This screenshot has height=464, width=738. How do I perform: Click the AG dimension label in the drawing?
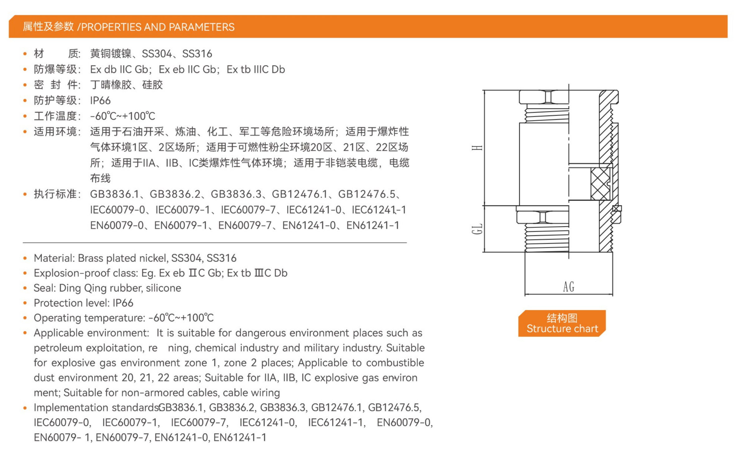click(x=568, y=286)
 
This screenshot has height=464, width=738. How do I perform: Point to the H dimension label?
click(x=477, y=148)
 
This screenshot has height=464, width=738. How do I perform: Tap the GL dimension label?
click(x=477, y=229)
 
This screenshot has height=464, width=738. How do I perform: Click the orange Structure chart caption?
click(x=562, y=323)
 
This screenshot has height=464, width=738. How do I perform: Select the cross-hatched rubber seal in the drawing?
click(x=600, y=184)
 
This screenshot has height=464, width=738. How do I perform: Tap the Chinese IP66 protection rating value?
click(x=100, y=100)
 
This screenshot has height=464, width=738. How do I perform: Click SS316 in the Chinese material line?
click(x=197, y=54)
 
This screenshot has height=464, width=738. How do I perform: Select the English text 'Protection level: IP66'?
click(x=83, y=303)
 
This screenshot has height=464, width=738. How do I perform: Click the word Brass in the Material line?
click(x=91, y=258)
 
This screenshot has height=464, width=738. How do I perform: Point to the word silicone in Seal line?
click(x=163, y=288)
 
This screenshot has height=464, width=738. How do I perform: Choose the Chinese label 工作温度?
click(x=55, y=116)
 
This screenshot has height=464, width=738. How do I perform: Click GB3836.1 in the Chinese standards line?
click(x=114, y=194)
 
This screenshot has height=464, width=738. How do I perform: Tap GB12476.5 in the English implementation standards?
click(x=395, y=408)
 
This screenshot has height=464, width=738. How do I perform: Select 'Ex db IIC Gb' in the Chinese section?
click(x=119, y=69)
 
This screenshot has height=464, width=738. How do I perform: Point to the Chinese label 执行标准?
click(x=55, y=194)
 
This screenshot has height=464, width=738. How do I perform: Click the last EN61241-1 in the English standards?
click(x=240, y=437)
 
